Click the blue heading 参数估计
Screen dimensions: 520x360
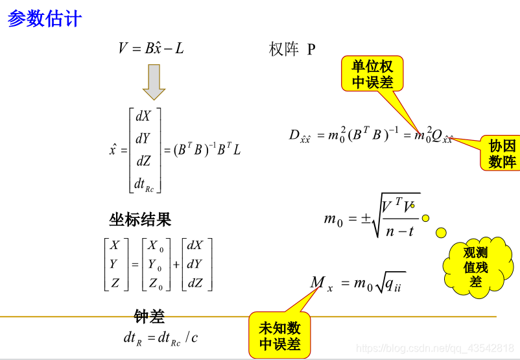tap(45, 19)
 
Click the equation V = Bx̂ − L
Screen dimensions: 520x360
tap(151, 48)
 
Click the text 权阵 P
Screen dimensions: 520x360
tap(292, 49)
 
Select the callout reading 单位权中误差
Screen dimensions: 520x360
tap(372, 74)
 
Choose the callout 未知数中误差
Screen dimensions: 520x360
tap(279, 335)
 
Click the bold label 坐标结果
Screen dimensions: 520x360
tap(140, 219)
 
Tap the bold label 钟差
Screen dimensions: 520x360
tap(149, 317)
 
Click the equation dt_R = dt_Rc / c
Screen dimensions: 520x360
tap(161, 338)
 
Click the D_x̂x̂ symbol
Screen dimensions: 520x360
tap(300, 136)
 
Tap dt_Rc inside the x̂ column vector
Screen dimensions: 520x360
tap(144, 184)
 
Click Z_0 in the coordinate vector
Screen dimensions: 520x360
tap(156, 283)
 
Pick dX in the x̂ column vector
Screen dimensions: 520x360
tap(143, 117)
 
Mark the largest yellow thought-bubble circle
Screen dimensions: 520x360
tap(441, 232)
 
